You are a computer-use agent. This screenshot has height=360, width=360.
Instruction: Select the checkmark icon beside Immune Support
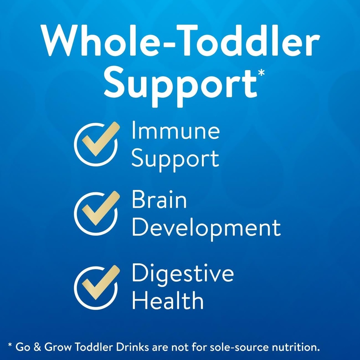coord(96,144)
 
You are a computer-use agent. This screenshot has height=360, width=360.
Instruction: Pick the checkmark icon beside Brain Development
coord(96,213)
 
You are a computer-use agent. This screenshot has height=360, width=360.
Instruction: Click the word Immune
coord(175,131)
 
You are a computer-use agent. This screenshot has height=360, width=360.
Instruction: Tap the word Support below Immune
coord(175,159)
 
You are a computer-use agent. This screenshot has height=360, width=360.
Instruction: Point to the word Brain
coord(159,200)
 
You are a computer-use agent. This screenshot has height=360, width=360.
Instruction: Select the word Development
coord(206,228)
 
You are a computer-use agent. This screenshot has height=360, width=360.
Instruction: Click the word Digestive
coord(182,274)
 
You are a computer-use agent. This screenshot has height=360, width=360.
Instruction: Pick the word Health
coord(168,302)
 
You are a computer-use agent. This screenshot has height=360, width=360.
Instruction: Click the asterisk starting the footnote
coord(10,346)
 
